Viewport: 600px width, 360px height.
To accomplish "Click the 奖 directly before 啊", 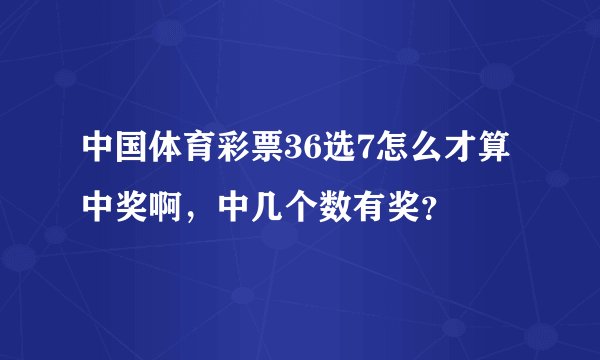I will pos(133,209).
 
